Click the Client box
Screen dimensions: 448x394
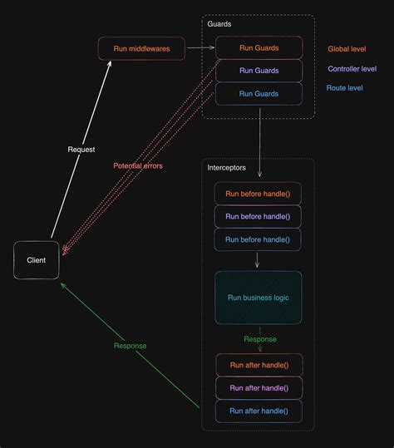click(37, 260)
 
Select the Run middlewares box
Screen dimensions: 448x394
click(141, 48)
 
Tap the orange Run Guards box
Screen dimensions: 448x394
click(259, 47)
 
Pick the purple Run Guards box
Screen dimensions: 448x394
click(259, 71)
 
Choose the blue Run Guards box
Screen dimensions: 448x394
click(259, 93)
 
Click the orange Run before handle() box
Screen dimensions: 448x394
click(258, 194)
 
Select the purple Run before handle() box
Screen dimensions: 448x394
click(258, 216)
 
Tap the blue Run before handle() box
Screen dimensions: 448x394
click(258, 239)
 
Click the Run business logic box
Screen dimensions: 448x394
click(258, 297)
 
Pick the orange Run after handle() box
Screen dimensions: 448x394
click(259, 365)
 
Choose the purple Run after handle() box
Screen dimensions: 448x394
click(259, 387)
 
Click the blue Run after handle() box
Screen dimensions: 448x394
click(259, 411)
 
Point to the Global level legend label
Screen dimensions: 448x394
click(347, 49)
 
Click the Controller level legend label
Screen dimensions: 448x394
click(352, 69)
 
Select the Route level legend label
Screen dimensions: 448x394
click(345, 87)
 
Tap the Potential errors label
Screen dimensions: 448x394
click(138, 165)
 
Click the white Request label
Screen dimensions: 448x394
click(81, 150)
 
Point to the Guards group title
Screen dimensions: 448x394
click(219, 24)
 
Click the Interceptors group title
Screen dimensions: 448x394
click(226, 168)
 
